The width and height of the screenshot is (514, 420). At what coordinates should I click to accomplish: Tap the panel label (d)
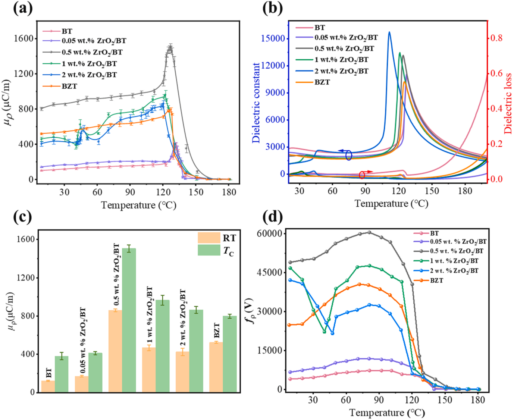click(273, 216)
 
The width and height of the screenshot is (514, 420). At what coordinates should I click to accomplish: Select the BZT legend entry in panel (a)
click(69, 86)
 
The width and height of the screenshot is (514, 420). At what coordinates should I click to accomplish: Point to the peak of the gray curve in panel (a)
click(170, 47)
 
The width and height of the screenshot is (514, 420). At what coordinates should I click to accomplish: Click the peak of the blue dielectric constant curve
click(389, 32)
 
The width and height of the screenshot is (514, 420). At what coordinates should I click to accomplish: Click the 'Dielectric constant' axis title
click(256, 103)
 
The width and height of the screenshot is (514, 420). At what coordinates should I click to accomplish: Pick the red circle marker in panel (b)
click(362, 175)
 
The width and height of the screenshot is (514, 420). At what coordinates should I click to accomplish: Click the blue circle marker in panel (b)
click(349, 155)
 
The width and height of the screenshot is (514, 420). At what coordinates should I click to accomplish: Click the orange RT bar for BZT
click(216, 367)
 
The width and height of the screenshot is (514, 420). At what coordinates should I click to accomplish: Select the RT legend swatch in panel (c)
click(209, 238)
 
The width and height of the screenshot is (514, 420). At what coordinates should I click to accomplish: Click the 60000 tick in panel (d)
click(270, 233)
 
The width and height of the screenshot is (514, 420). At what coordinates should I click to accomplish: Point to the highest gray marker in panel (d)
click(369, 232)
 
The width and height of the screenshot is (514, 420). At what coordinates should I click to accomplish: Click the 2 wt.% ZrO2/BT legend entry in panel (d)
click(454, 271)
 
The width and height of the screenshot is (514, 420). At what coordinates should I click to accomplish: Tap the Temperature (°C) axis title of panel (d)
click(387, 413)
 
